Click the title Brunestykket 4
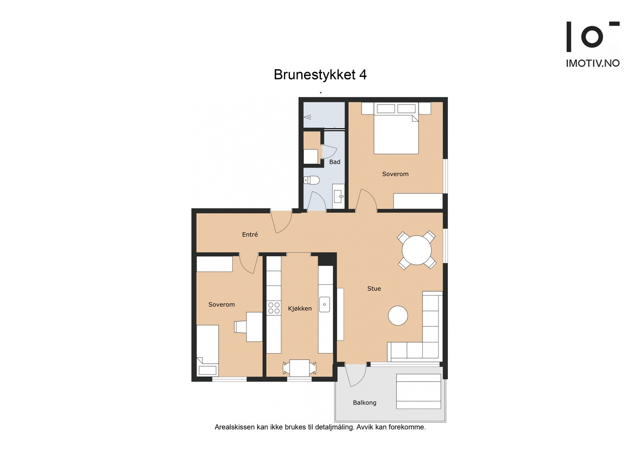point(320,75)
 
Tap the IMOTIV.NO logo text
point(593,63)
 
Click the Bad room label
point(335,162)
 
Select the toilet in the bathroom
point(311,180)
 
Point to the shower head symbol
point(308,117)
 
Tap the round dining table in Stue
point(417,250)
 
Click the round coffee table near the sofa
point(398,316)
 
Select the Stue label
point(374,288)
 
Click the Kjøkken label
point(300,308)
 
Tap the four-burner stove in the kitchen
point(274,308)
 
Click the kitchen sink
point(325,305)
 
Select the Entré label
point(250,235)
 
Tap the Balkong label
point(364,403)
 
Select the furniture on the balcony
point(418,391)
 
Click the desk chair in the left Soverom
point(240,327)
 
